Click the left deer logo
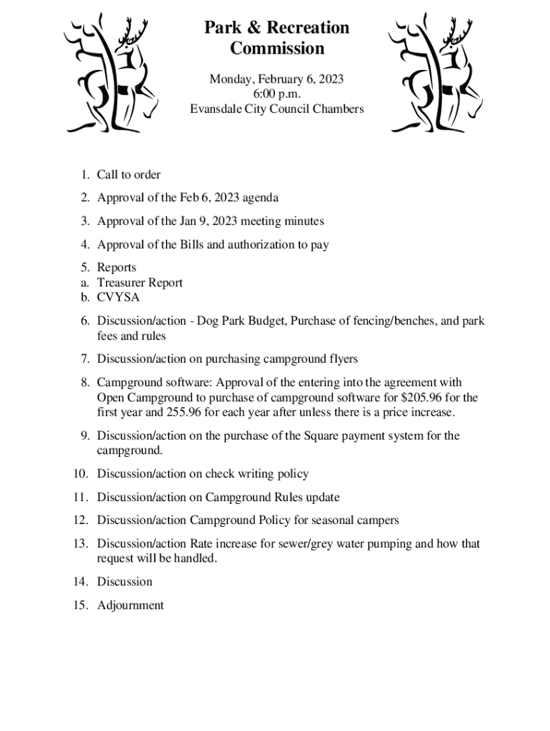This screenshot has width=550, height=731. (x=112, y=74)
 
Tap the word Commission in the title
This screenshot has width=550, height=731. (x=277, y=49)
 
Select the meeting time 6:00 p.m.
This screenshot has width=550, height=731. (x=276, y=94)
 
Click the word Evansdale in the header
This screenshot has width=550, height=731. (x=217, y=109)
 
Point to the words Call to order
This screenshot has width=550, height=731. (x=129, y=175)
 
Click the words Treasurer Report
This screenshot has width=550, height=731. (x=140, y=283)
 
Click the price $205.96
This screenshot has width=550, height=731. (x=414, y=398)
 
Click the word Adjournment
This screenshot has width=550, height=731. (x=131, y=605)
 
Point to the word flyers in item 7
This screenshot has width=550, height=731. (x=341, y=358)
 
